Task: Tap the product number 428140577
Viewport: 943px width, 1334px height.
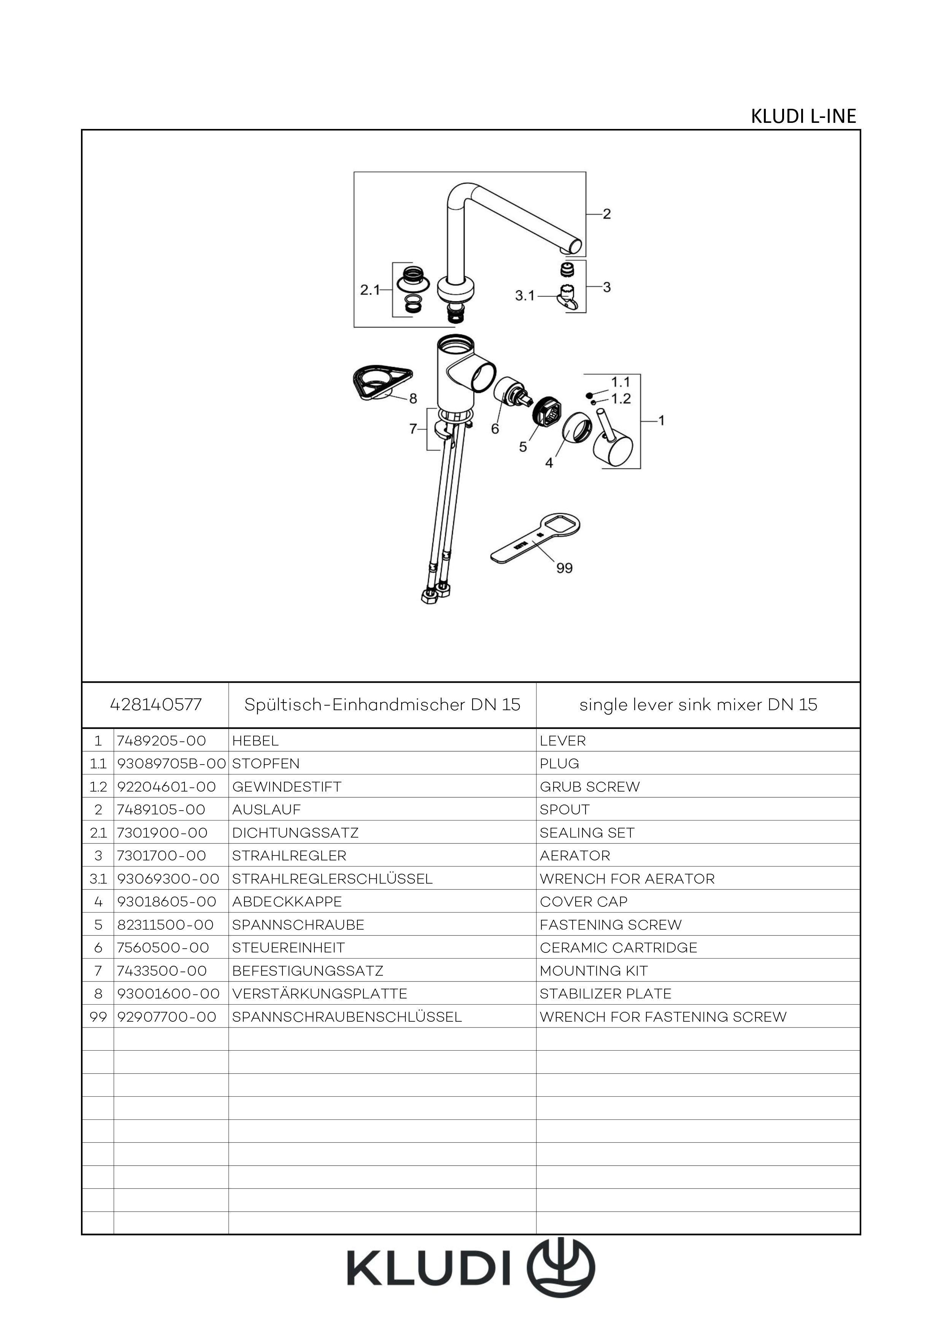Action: click(156, 705)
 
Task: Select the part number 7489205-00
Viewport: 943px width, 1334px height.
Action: click(162, 741)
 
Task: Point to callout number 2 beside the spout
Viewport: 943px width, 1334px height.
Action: click(607, 215)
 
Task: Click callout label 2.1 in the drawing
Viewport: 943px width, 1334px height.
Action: click(370, 290)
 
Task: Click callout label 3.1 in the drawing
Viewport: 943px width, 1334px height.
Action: click(525, 296)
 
